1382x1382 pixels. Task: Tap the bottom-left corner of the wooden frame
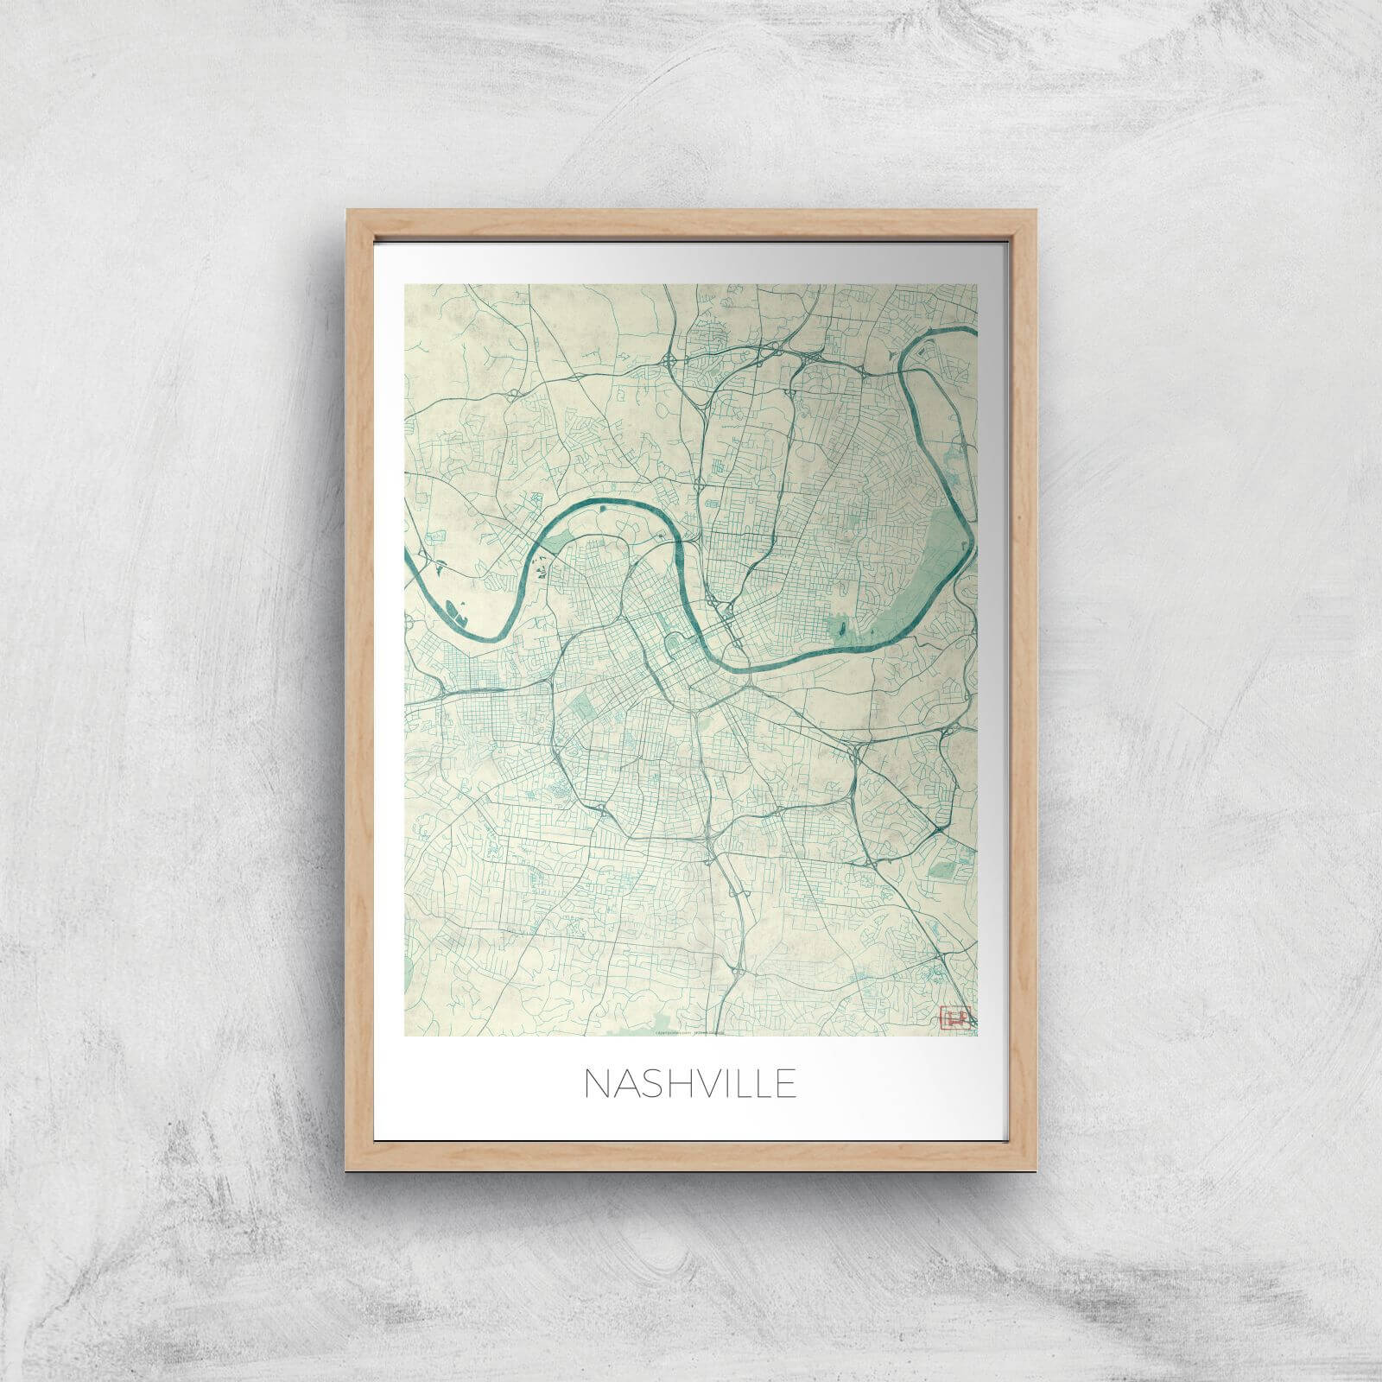[x=348, y=1170]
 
